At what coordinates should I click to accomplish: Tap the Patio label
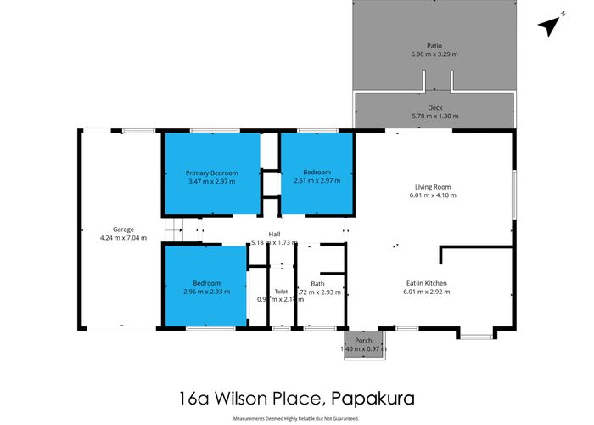tap(434, 46)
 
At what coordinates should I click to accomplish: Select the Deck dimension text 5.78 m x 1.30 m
tap(434, 116)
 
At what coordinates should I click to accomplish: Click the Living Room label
tap(433, 187)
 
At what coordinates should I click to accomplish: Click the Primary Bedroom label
tap(212, 173)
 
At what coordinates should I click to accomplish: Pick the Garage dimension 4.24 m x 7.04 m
tap(123, 237)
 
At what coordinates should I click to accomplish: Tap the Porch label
tap(363, 340)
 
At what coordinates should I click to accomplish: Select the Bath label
tap(317, 283)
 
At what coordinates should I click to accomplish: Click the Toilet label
tap(281, 291)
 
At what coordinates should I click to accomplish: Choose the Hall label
tap(275, 235)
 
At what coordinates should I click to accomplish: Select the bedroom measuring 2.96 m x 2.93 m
tap(206, 287)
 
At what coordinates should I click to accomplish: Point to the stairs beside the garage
tap(173, 229)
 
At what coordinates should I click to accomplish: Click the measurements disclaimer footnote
tap(296, 418)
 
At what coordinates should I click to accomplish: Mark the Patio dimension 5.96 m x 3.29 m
tap(434, 54)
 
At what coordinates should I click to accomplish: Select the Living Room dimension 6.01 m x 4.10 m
tap(433, 195)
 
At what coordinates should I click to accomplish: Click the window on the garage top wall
tap(137, 131)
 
